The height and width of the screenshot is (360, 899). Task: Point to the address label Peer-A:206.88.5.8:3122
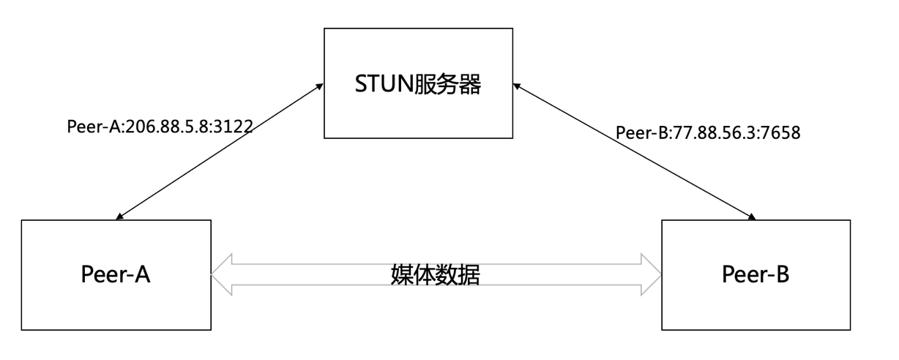coord(160,126)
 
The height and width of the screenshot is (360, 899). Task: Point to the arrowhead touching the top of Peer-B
coord(751,217)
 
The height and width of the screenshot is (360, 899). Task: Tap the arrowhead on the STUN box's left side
coord(320,87)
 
